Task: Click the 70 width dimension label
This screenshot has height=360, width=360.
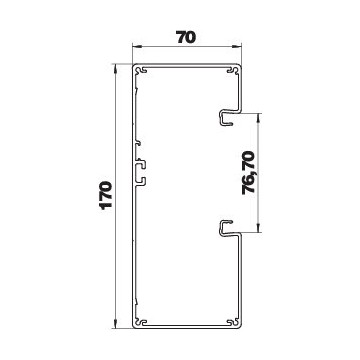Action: click(186, 38)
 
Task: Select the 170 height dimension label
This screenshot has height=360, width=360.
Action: click(107, 195)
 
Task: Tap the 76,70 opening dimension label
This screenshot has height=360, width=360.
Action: click(248, 172)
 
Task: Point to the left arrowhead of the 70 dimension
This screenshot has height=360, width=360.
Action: click(137, 48)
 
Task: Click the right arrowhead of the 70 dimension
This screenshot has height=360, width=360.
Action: click(236, 48)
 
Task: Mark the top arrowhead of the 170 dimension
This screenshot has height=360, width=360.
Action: click(115, 68)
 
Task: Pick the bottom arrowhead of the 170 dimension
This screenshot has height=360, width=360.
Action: click(115, 324)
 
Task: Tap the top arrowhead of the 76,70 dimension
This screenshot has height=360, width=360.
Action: click(258, 118)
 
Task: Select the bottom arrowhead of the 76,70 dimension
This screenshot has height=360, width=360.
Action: click(258, 227)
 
